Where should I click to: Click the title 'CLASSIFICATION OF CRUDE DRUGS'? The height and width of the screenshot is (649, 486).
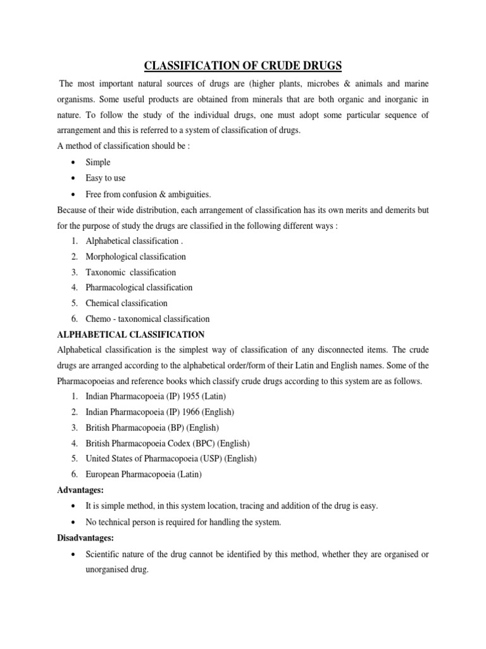(x=242, y=65)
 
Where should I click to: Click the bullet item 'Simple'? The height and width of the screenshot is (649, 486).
(x=98, y=162)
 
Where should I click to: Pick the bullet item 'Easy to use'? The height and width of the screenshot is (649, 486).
(x=106, y=178)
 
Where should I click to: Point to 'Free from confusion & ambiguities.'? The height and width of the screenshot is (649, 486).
(x=148, y=194)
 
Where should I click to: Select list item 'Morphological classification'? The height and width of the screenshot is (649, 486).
(x=135, y=257)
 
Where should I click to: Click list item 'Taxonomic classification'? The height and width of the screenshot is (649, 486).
(x=131, y=272)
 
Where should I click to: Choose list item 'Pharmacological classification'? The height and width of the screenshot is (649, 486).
(x=139, y=287)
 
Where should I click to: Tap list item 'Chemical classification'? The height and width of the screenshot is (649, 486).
(x=127, y=303)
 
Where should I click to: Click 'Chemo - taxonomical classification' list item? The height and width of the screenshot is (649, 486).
(x=147, y=319)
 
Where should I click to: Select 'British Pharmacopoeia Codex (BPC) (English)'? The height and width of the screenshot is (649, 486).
(x=168, y=442)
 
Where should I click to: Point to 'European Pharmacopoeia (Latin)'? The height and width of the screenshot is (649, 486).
(x=144, y=473)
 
